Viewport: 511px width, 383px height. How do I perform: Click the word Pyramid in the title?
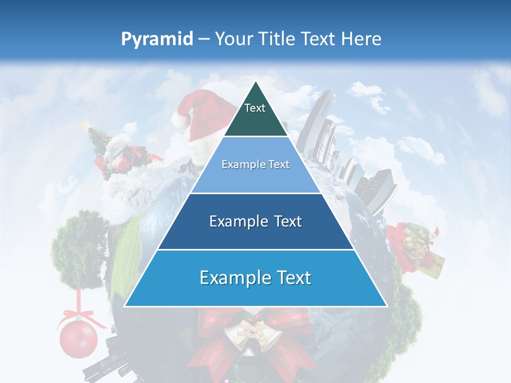coord(156,39)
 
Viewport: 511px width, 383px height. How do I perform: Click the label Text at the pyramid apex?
coord(255,108)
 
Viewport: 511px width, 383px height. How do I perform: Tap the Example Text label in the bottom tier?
coord(256,278)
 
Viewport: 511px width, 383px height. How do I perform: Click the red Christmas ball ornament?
coord(78,339)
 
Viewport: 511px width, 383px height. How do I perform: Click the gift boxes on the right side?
coord(418,247)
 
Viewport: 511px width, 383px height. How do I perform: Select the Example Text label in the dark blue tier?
coord(256,221)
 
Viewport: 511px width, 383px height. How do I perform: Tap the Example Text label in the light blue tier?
coord(256,164)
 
